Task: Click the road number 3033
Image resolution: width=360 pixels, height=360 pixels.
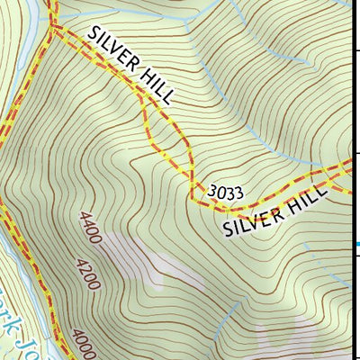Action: point(225,192)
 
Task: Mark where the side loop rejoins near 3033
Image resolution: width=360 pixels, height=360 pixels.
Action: point(192,184)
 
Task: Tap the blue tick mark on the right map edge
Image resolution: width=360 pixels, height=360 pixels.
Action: point(356,244)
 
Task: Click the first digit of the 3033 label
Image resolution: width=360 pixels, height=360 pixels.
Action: point(211,192)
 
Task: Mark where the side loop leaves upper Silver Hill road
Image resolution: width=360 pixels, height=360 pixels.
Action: point(144,94)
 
